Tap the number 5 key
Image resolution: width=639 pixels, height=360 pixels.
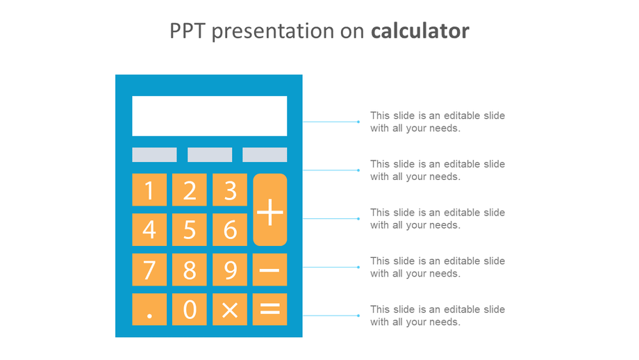point(190,229)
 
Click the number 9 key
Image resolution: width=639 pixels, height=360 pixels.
point(230,270)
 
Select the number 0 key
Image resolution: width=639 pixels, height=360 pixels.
point(190,309)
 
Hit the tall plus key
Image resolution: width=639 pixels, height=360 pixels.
point(270,210)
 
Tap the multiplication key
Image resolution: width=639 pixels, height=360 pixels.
point(230,309)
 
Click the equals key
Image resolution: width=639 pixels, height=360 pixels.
point(270,309)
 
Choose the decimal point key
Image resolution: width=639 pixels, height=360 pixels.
point(149,309)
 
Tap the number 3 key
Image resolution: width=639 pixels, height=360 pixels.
point(230,190)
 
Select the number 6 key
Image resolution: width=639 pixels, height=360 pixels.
point(230,229)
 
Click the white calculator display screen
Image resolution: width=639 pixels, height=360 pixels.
point(209,116)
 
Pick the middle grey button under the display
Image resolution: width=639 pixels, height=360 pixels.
point(210,155)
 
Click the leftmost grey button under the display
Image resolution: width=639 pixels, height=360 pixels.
point(154,155)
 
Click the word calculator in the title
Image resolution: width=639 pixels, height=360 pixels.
point(420,31)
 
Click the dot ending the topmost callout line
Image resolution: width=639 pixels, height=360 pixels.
point(358,122)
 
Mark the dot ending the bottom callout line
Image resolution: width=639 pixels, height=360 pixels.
point(358,316)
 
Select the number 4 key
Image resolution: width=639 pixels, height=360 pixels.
point(149,229)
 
